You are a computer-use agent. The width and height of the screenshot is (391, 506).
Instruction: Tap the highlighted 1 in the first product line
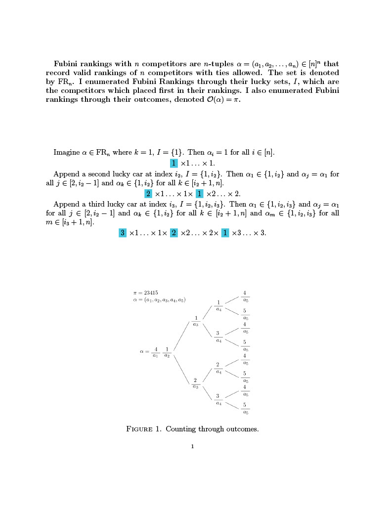click(x=174, y=163)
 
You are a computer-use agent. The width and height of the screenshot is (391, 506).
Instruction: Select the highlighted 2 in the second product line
click(x=148, y=193)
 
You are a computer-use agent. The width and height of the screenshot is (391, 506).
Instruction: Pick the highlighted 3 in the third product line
click(x=123, y=233)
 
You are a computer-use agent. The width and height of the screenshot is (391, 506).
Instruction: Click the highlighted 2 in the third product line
click(x=174, y=233)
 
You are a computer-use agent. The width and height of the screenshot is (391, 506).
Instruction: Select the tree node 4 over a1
click(x=155, y=351)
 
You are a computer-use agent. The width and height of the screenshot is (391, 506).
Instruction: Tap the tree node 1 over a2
click(x=167, y=351)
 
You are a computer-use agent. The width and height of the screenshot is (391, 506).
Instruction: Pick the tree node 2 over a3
click(x=196, y=382)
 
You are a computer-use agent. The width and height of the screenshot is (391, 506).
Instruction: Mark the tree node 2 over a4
click(x=217, y=367)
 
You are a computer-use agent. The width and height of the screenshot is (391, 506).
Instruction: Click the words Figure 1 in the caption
click(x=144, y=429)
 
